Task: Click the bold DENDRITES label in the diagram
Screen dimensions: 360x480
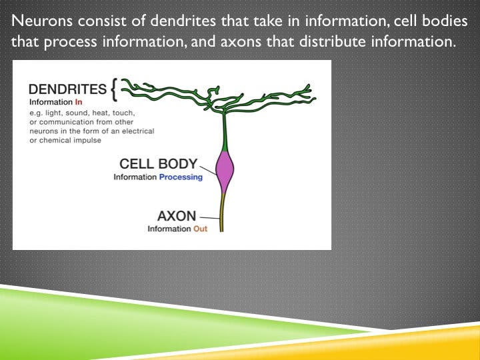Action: [67, 89]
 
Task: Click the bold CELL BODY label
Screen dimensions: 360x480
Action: [158, 163]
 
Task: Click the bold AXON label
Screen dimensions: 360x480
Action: [177, 216]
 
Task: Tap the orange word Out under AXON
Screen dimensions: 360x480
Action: [200, 229]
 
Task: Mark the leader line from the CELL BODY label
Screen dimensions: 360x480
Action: [208, 168]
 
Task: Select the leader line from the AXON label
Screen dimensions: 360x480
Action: [209, 217]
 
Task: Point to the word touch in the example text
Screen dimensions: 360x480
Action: [145, 113]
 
